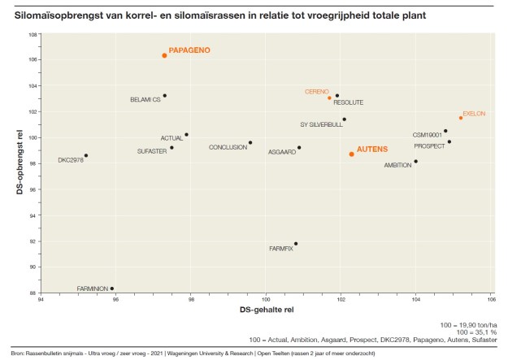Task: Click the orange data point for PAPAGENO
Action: tap(164, 55)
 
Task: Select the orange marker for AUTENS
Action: tap(351, 154)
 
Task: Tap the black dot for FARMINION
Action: tap(112, 288)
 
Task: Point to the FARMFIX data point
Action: tap(296, 244)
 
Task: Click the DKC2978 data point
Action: tap(86, 155)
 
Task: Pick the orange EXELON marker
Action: tap(461, 118)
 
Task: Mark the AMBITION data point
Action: tap(415, 161)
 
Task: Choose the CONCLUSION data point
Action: tap(250, 143)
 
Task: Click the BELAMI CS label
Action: tap(145, 100)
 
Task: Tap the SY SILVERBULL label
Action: tap(321, 124)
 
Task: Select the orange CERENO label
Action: tap(316, 92)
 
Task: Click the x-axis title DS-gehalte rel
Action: tap(266, 310)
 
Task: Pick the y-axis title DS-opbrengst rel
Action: tap(19, 164)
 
